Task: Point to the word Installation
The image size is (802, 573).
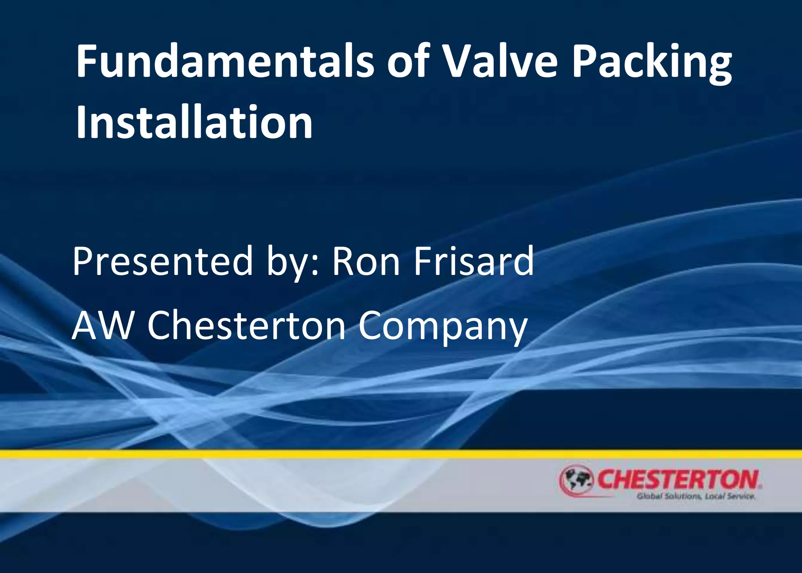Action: tap(194, 123)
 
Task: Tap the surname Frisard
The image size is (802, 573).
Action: tap(474, 261)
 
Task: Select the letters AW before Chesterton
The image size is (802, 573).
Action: tap(103, 326)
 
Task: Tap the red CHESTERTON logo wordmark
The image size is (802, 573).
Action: tap(677, 479)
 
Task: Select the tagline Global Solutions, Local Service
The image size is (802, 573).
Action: tap(695, 497)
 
